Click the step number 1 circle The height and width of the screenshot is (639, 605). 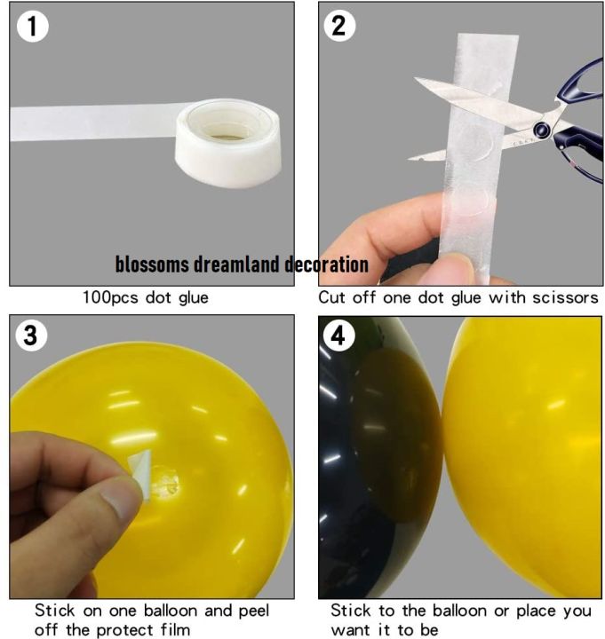point(33,26)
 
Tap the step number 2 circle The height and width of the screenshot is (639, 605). point(338,26)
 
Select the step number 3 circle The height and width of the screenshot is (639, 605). point(31,336)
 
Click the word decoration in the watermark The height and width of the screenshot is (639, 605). point(326,264)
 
